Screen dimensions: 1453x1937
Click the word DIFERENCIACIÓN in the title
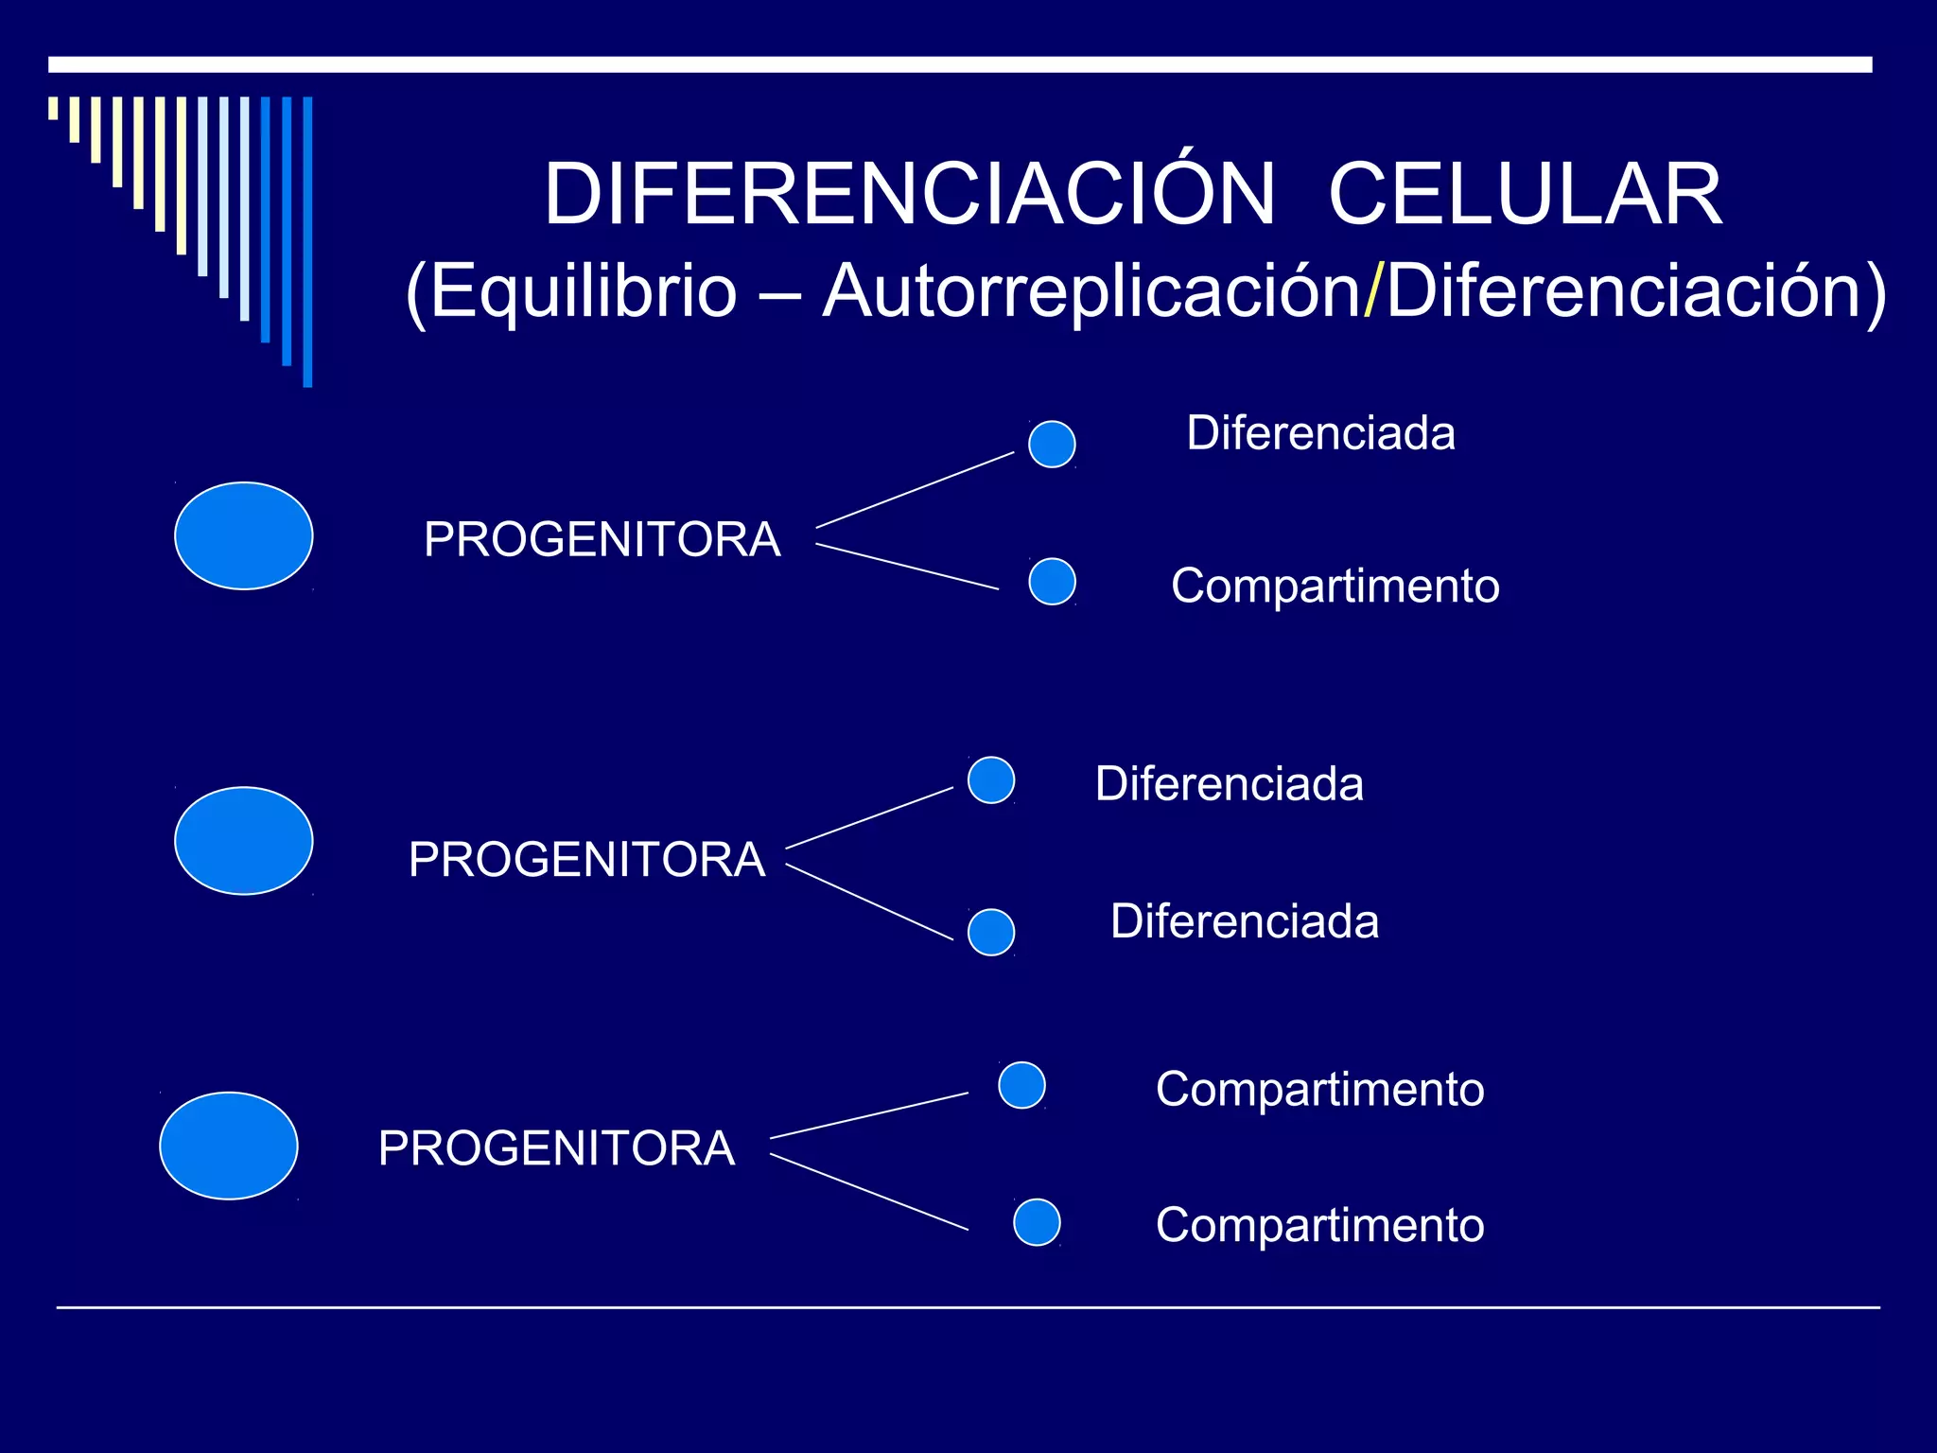[910, 194]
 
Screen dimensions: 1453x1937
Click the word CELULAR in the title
[1525, 194]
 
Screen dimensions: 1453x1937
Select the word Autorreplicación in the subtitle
[1091, 291]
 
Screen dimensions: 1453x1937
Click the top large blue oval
[244, 536]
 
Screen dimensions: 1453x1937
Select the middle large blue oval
[244, 841]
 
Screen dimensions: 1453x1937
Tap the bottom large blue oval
[229, 1146]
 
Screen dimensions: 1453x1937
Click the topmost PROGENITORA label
[602, 540]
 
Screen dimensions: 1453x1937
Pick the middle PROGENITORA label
[586, 860]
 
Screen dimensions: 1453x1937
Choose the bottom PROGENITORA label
[556, 1148]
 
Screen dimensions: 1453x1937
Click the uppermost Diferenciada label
[1320, 433]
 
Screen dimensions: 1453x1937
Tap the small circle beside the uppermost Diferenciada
[1052, 445]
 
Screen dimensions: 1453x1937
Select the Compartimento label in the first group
[1335, 586]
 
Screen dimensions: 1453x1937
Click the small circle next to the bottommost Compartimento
[1037, 1222]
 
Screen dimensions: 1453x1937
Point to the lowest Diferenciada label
[1244, 921]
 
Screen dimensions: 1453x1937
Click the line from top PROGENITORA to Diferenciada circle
[915, 490]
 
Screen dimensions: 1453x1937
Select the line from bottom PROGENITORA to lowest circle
[869, 1192]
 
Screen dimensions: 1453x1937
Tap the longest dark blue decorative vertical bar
[307, 241]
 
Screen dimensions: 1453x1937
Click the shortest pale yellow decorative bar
[54, 108]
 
